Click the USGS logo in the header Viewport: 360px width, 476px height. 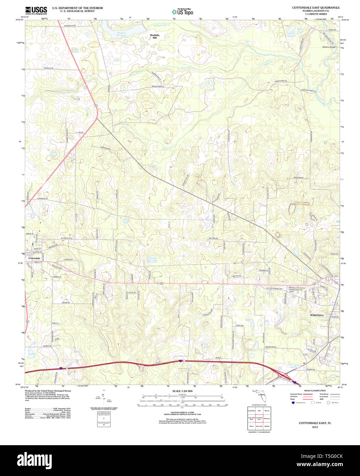pos(36,10)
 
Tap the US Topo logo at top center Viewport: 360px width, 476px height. pos(182,12)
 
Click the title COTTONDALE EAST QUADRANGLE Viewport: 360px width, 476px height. pos(315,7)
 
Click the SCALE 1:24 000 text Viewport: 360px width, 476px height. pos(182,391)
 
